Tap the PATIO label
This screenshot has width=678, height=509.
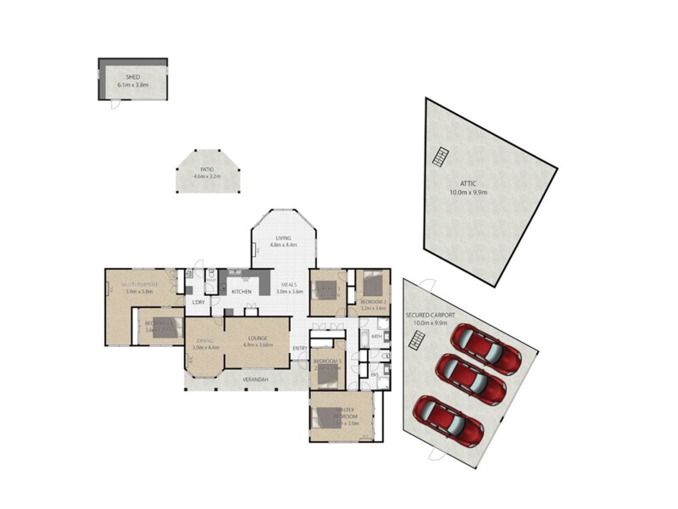click(x=206, y=170)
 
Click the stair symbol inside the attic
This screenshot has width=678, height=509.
click(x=440, y=156)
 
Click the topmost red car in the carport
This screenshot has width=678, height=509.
click(x=486, y=348)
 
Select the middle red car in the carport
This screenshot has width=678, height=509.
click(x=470, y=380)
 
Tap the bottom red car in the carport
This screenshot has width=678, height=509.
click(x=448, y=421)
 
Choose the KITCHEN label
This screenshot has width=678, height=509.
click(x=242, y=292)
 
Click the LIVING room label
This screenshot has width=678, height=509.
click(x=282, y=238)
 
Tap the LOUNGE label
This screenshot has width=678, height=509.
click(x=258, y=338)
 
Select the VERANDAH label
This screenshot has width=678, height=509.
click(x=255, y=379)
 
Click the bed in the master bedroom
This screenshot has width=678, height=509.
click(x=326, y=417)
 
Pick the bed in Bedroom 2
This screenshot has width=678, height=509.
click(x=373, y=284)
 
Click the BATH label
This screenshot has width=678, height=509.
click(x=376, y=337)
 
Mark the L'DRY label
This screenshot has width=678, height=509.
click(x=198, y=303)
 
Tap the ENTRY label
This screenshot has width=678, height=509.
click(x=300, y=349)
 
